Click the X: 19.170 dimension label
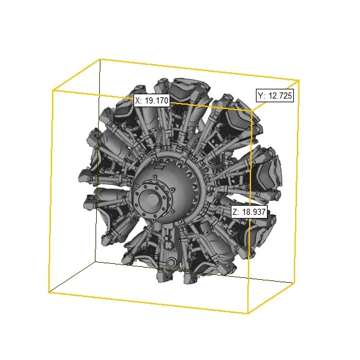pyautogui.click(x=152, y=100)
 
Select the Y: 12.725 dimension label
pyautogui.click(x=275, y=96)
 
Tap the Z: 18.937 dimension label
pyautogui.click(x=249, y=212)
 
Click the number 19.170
pyautogui.click(x=157, y=100)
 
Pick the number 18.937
pyautogui.click(x=254, y=212)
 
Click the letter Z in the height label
pyautogui.click(x=235, y=212)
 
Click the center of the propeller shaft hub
pyautogui.click(x=152, y=200)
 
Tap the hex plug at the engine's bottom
pyautogui.click(x=171, y=262)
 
